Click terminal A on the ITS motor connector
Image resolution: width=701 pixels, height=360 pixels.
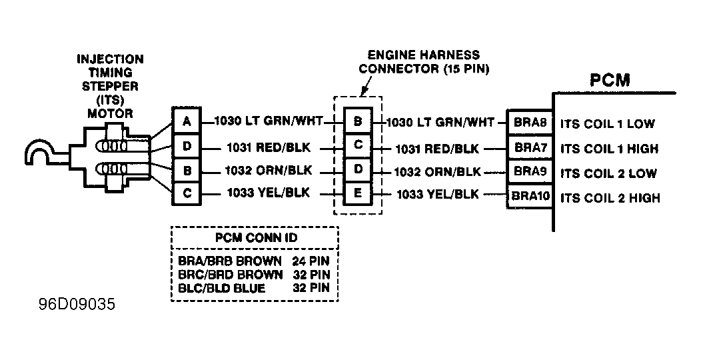pos(187,121)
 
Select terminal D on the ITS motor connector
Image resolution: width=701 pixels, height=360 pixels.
pos(187,146)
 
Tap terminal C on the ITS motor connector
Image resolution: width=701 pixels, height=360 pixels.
pos(187,193)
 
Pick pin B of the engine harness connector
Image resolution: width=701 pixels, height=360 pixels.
pos(358,121)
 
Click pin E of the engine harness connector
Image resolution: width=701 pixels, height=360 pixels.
pos(358,193)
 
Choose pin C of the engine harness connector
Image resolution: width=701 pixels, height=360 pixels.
pos(358,145)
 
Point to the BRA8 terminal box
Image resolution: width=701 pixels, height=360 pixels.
pos(530,123)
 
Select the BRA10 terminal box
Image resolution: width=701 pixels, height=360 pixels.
pos(530,196)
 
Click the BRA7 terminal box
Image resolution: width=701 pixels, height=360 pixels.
pos(530,147)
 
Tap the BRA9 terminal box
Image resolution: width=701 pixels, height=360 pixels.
pos(530,172)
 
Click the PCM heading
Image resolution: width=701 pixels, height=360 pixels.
pos(610,81)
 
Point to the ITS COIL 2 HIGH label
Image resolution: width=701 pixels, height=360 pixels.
pos(610,197)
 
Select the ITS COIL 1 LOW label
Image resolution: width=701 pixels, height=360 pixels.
pos(608,124)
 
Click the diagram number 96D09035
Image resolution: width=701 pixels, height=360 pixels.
pos(77,305)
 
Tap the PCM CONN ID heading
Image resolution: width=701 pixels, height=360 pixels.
pos(256,237)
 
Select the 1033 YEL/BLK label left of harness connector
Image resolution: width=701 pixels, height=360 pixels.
pos(269,193)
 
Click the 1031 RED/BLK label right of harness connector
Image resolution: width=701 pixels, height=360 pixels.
pos(437,149)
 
